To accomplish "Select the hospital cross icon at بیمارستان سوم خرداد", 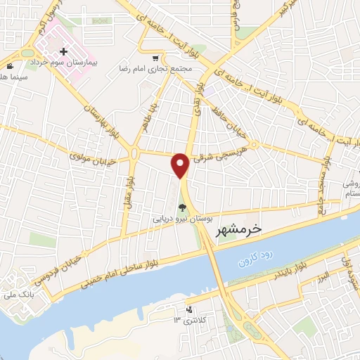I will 64,52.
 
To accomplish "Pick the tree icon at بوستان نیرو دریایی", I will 183,207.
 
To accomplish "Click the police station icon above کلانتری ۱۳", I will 188,310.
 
